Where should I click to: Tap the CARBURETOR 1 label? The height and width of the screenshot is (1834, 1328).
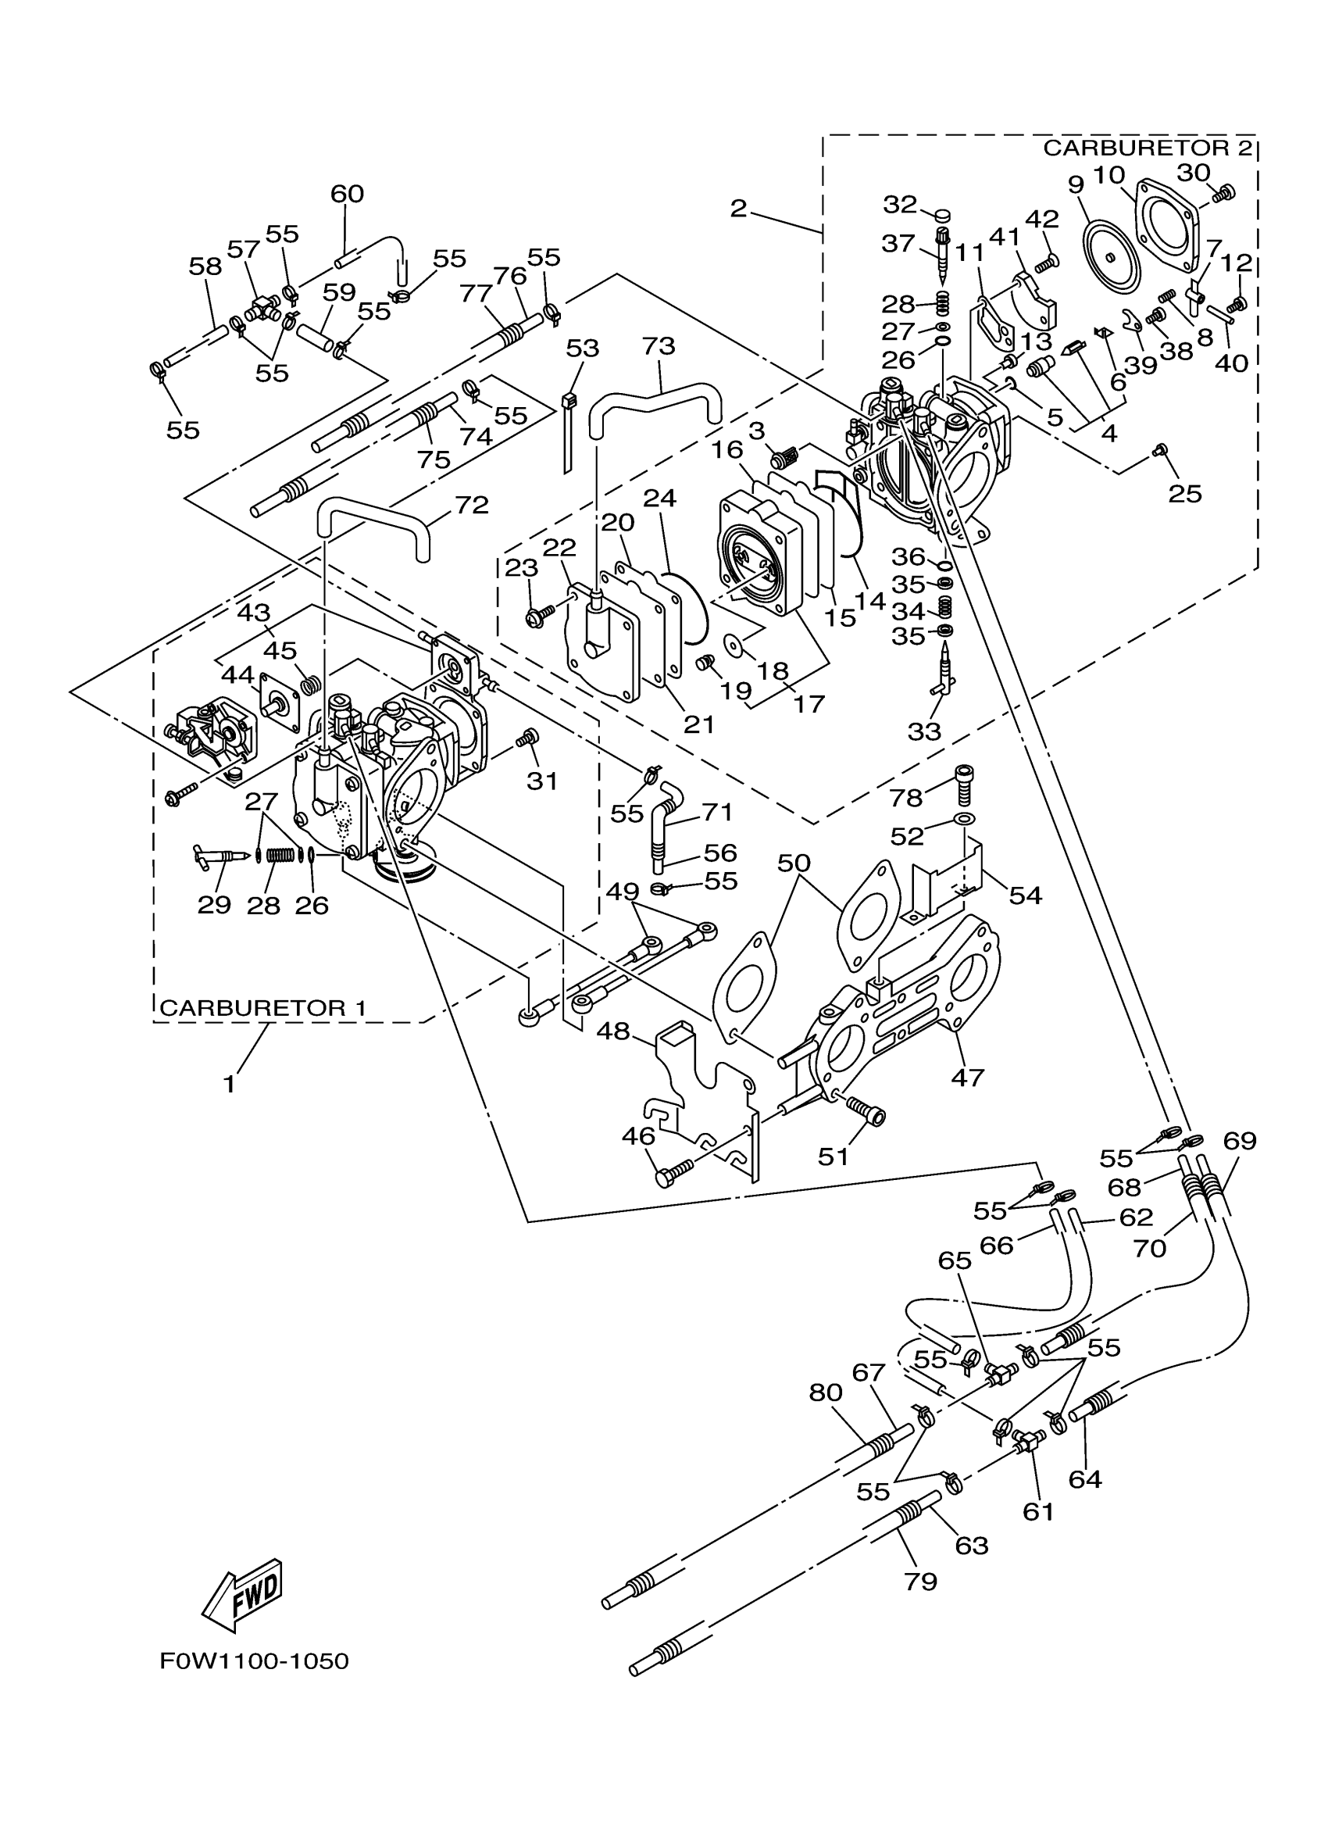click(262, 1007)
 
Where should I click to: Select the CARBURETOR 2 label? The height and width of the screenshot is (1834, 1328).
click(1148, 148)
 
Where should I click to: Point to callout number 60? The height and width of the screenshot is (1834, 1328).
click(347, 194)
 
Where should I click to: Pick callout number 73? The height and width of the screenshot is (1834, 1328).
click(658, 346)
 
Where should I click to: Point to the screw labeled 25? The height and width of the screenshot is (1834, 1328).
click(1161, 449)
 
